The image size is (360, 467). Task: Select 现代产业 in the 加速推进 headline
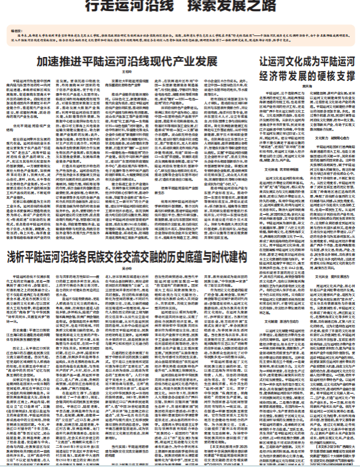pos(170,61)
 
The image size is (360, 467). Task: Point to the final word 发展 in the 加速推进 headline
pos(200,61)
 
